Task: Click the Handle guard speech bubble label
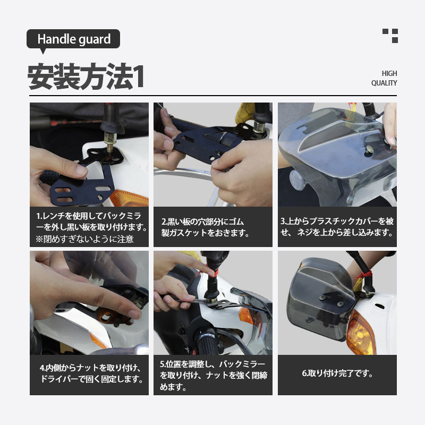pyautogui.click(x=73, y=39)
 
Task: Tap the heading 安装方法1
pyautogui.click(x=86, y=76)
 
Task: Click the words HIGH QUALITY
pyautogui.click(x=384, y=78)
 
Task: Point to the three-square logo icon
pyautogui.click(x=390, y=36)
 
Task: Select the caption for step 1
pyautogui.click(x=91, y=227)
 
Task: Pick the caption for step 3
pyautogui.click(x=337, y=227)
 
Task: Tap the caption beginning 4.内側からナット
pyautogui.click(x=91, y=373)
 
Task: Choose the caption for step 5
pyautogui.click(x=214, y=375)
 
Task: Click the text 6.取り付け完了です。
pyautogui.click(x=337, y=373)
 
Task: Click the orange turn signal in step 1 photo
pyautogui.click(x=129, y=198)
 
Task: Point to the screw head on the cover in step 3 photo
pyautogui.click(x=369, y=149)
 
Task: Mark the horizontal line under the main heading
pyautogui.click(x=213, y=96)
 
